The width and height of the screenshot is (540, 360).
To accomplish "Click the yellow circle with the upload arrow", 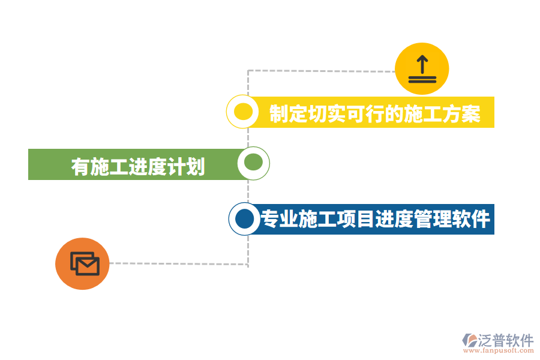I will click(x=422, y=68).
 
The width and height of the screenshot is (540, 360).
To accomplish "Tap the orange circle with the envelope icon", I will click(x=82, y=263).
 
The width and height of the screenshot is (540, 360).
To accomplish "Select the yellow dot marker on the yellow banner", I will click(x=242, y=112).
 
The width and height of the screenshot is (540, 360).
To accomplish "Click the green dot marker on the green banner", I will click(x=253, y=163).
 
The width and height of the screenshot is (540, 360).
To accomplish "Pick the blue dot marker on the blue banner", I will click(x=244, y=219).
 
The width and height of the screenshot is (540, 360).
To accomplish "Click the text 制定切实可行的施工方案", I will click(x=375, y=113).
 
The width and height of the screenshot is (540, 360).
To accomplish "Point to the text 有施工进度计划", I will click(x=138, y=166).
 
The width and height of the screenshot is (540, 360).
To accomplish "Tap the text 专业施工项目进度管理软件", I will click(x=376, y=220).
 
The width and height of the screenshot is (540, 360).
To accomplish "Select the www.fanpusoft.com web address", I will click(x=499, y=351).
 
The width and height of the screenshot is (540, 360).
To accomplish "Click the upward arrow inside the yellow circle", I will click(x=422, y=63).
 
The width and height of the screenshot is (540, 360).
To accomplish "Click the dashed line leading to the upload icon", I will click(x=318, y=71).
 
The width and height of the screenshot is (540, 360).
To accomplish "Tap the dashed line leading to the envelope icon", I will click(x=180, y=263).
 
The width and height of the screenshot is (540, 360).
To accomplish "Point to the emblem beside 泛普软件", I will click(x=469, y=341).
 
